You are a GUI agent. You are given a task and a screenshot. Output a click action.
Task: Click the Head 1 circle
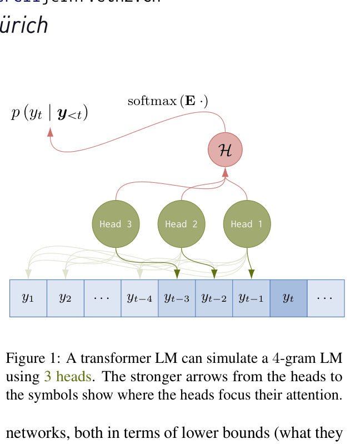pyautogui.click(x=247, y=224)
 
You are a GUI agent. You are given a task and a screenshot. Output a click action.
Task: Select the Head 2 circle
pyautogui.click(x=181, y=224)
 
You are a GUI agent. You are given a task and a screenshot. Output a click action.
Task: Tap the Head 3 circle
pyautogui.click(x=116, y=224)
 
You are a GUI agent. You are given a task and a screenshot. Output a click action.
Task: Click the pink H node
pyautogui.click(x=225, y=150)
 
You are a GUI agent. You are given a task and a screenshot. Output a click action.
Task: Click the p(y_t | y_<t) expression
pyautogui.click(x=49, y=113)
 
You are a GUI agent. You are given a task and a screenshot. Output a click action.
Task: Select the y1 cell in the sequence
pyautogui.click(x=28, y=298)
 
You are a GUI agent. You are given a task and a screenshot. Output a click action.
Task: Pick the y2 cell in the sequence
pyautogui.click(x=65, y=298)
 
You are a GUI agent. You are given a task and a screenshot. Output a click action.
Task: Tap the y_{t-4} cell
pyautogui.click(x=139, y=298)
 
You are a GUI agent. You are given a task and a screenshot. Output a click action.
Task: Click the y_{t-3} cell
pyautogui.click(x=177, y=298)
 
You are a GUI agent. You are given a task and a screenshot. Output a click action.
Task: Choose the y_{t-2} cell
pyautogui.click(x=214, y=298)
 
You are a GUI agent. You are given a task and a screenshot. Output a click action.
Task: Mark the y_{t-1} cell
pyautogui.click(x=251, y=298)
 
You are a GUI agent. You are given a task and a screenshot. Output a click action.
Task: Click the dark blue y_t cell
pyautogui.click(x=288, y=298)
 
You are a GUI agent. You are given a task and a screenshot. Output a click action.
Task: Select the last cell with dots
pyautogui.click(x=325, y=298)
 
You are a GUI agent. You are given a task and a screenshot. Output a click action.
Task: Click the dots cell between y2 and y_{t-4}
pyautogui.click(x=102, y=298)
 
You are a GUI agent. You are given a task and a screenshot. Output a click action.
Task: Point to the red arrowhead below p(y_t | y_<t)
pyautogui.click(x=50, y=132)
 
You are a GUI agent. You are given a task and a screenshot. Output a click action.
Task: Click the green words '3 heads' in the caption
pyautogui.click(x=67, y=377)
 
